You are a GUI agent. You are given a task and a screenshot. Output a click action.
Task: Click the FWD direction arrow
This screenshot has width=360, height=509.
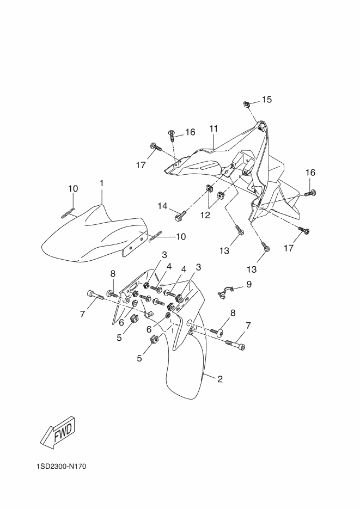[60, 432]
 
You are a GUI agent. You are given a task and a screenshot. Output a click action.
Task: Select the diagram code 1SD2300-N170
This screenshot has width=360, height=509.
[62, 467]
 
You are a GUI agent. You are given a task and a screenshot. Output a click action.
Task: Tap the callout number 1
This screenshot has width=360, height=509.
[102, 183]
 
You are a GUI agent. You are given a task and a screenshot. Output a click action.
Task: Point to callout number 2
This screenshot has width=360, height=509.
[220, 379]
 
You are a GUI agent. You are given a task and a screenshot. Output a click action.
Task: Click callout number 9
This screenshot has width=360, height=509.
[249, 284]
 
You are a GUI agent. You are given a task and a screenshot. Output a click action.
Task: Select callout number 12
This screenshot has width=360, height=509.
[205, 215]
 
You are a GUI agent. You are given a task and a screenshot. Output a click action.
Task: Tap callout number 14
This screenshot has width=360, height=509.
[163, 206]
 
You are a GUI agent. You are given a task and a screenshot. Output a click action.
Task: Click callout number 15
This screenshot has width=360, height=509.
[267, 99]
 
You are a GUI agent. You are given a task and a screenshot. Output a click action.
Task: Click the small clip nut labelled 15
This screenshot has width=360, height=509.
[246, 104]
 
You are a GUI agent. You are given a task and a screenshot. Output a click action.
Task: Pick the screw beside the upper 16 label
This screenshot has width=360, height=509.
[172, 135]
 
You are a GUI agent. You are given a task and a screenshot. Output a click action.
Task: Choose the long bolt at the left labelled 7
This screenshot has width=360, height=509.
[95, 296]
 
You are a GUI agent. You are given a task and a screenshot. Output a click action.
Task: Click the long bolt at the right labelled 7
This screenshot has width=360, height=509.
[235, 345]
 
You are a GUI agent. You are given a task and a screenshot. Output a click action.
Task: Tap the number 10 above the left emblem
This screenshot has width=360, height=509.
[73, 188]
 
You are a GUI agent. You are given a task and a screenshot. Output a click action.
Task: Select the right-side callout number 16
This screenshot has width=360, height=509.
[310, 173]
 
